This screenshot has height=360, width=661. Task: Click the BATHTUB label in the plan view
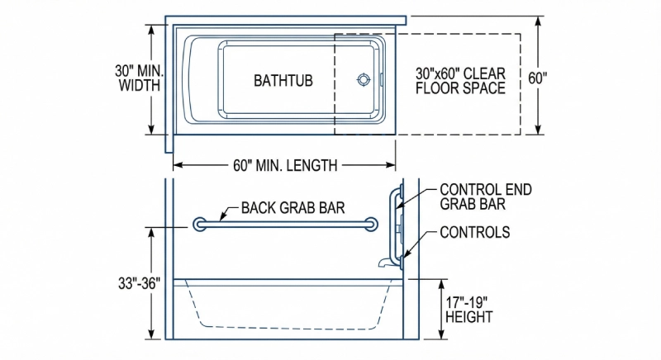pos(283,80)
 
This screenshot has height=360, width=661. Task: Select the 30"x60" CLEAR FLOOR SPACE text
pos(460,80)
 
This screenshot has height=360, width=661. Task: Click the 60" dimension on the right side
pos(538,78)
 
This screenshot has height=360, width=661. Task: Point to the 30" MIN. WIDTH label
pos(138,78)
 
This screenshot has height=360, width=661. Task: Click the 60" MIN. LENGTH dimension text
pos(285,165)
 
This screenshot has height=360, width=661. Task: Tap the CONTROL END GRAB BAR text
pos(485,197)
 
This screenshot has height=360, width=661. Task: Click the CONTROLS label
pos(474,232)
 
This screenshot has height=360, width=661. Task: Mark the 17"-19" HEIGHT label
pos(469,309)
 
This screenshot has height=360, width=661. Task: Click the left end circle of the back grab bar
pos(199,225)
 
